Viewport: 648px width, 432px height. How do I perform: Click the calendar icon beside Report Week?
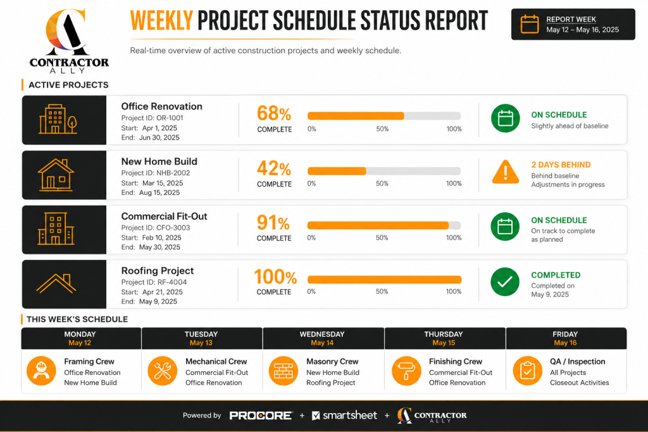530,25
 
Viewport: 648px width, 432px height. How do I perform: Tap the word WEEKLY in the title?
161,21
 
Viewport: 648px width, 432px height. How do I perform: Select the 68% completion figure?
274,113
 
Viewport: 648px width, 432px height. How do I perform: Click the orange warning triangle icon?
506,172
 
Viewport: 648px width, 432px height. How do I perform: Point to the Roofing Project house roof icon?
56,283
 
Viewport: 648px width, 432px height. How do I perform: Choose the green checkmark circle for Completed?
505,281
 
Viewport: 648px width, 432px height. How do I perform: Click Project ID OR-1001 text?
152,118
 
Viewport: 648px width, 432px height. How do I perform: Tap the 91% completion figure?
273,223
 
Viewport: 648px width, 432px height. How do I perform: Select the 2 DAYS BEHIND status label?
561,165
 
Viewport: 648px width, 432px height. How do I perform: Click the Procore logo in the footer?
261,416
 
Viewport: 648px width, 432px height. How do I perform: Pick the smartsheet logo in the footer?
344,416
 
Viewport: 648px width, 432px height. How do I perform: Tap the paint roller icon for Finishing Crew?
406,371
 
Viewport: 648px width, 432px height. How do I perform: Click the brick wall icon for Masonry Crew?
283,371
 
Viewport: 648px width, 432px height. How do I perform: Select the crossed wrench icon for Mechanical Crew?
163,371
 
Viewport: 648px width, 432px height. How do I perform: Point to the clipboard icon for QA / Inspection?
527,371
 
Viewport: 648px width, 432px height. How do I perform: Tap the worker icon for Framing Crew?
41,371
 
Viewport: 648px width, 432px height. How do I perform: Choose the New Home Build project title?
159,161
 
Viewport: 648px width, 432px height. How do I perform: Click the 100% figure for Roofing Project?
275,276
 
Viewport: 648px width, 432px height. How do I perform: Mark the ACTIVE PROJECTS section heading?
68,85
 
